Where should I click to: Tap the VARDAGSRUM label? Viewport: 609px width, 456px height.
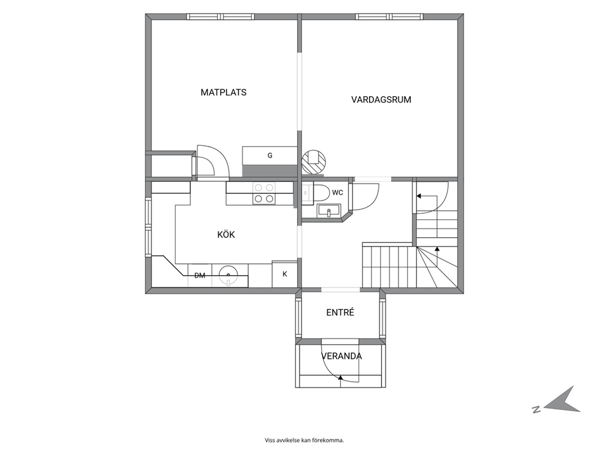coord(381,100)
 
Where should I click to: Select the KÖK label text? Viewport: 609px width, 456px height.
coord(226,235)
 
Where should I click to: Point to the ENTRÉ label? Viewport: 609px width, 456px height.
coord(340,313)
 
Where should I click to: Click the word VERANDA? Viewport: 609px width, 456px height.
coord(341,356)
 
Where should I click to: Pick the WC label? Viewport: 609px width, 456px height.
coord(338,192)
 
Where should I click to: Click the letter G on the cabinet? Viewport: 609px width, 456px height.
coord(270,156)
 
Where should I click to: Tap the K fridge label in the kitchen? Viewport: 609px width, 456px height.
coord(285,274)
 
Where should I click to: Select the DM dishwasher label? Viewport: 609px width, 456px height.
coord(200,276)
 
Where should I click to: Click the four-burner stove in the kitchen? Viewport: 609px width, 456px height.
coord(264,193)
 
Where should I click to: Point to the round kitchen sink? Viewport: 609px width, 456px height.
coord(228,275)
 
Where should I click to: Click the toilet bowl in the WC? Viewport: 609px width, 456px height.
coord(320,192)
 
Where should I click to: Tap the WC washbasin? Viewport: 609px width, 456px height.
coord(328,211)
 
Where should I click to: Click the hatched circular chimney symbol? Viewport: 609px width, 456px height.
coord(314,162)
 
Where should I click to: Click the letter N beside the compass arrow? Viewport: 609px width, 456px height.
coord(537,409)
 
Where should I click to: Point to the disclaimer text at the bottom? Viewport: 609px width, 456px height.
coord(304,440)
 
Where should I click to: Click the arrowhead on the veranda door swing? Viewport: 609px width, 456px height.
coord(341,377)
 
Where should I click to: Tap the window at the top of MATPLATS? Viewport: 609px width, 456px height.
coord(220,17)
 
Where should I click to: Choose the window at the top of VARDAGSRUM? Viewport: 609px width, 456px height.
coord(390,17)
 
